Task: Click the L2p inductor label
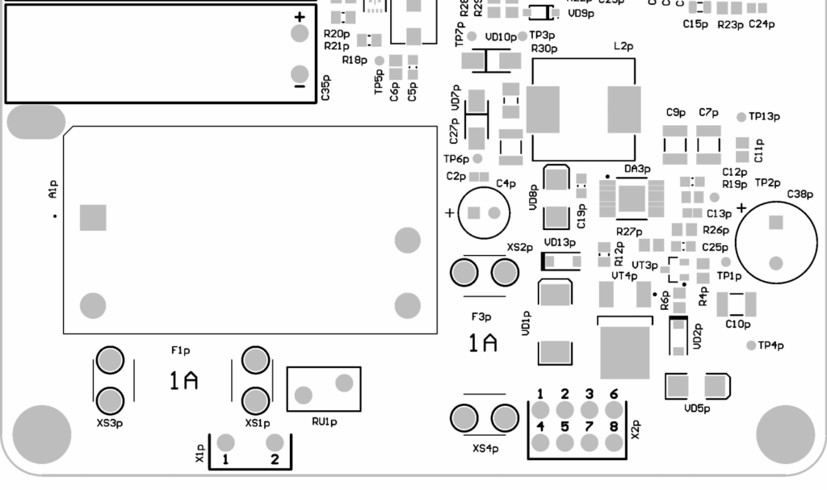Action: point(623,48)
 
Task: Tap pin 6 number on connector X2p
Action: point(614,394)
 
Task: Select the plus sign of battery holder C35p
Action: point(300,17)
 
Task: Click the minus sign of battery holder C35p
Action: point(300,86)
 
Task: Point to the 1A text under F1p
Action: point(184,381)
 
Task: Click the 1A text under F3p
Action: point(483,344)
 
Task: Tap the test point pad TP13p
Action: point(741,117)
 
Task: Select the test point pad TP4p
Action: point(751,346)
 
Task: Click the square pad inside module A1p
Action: point(93,218)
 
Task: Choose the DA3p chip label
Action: point(637,169)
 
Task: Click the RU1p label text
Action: point(324,421)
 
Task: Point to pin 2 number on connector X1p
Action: point(275,459)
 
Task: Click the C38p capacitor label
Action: point(800,195)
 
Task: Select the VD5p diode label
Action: point(697,408)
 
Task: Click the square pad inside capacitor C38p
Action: point(776,222)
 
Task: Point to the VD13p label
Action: point(560,242)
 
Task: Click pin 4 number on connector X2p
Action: point(540,425)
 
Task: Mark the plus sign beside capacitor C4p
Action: point(450,213)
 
